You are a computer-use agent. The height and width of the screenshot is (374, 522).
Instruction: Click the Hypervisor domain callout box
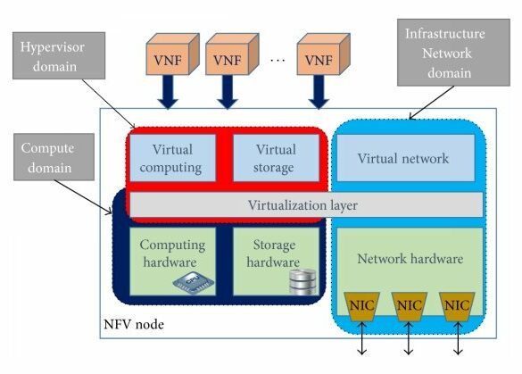click(x=59, y=55)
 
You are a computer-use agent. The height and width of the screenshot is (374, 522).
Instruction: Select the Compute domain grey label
click(x=54, y=157)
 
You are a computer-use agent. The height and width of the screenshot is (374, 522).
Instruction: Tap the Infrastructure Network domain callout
click(x=453, y=53)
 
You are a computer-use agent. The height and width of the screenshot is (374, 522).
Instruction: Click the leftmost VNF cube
click(x=172, y=54)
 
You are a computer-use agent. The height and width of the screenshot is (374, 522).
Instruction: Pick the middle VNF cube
click(x=232, y=54)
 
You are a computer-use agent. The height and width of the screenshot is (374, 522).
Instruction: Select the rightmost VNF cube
click(x=323, y=54)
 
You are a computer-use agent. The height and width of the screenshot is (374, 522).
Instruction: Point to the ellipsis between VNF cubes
click(x=278, y=61)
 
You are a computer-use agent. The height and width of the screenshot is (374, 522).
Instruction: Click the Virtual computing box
click(x=172, y=158)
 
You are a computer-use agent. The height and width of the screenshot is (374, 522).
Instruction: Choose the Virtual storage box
click(x=276, y=158)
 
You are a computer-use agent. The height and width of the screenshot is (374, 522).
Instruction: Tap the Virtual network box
click(x=406, y=158)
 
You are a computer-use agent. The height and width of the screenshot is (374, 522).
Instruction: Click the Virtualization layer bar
click(x=306, y=204)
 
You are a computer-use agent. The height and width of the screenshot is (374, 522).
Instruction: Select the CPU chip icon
click(x=194, y=282)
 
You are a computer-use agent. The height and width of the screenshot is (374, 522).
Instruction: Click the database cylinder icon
click(x=302, y=282)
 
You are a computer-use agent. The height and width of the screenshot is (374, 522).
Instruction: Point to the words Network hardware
click(x=410, y=259)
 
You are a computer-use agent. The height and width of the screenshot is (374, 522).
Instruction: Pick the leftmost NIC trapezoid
click(x=362, y=306)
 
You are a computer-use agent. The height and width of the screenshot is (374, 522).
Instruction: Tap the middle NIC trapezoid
click(x=410, y=306)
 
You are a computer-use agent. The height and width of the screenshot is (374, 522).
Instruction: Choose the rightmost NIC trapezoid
click(x=457, y=306)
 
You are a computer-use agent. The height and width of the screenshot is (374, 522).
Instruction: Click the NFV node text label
click(x=134, y=324)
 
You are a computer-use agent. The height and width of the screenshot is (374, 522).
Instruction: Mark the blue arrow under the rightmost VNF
click(x=319, y=92)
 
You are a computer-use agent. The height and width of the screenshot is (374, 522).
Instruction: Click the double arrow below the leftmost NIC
click(x=362, y=338)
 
